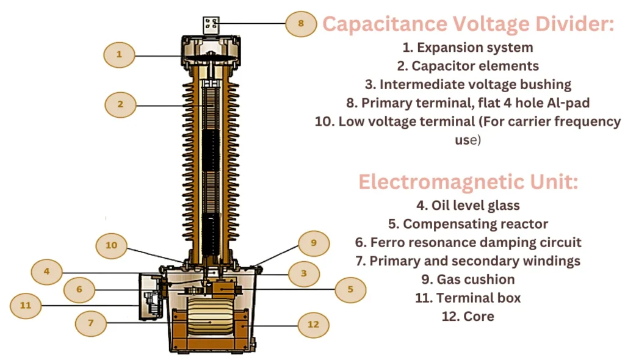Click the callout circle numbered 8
tap(301, 24)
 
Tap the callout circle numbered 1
tap(119, 55)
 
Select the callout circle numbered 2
tap(120, 104)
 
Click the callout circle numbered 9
tap(314, 243)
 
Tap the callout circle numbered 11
tap(26, 304)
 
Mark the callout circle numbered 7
tap(90, 323)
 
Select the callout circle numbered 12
tap(313, 325)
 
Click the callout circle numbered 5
tap(350, 289)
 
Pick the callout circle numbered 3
tap(303, 274)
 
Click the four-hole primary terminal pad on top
tap(211, 25)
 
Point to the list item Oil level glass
tap(468, 206)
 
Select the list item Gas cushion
tap(468, 279)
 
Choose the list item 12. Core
tap(468, 316)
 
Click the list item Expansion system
tap(468, 47)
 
